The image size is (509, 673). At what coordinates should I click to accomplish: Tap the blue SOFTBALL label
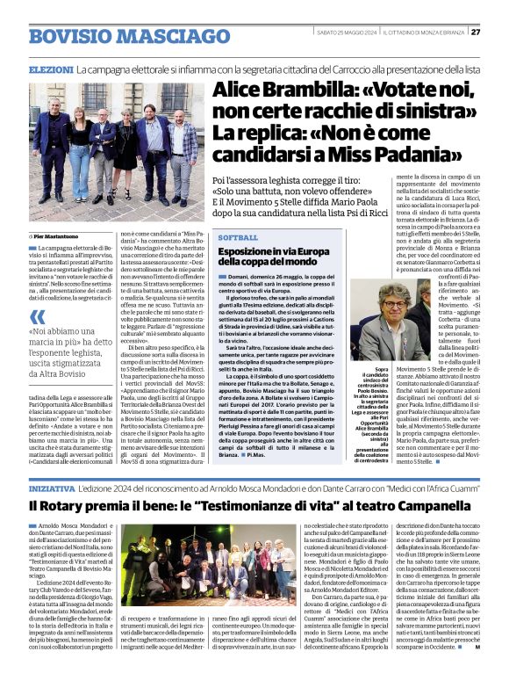[x=239, y=238]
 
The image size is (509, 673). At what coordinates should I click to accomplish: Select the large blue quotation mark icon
[x=37, y=317]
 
